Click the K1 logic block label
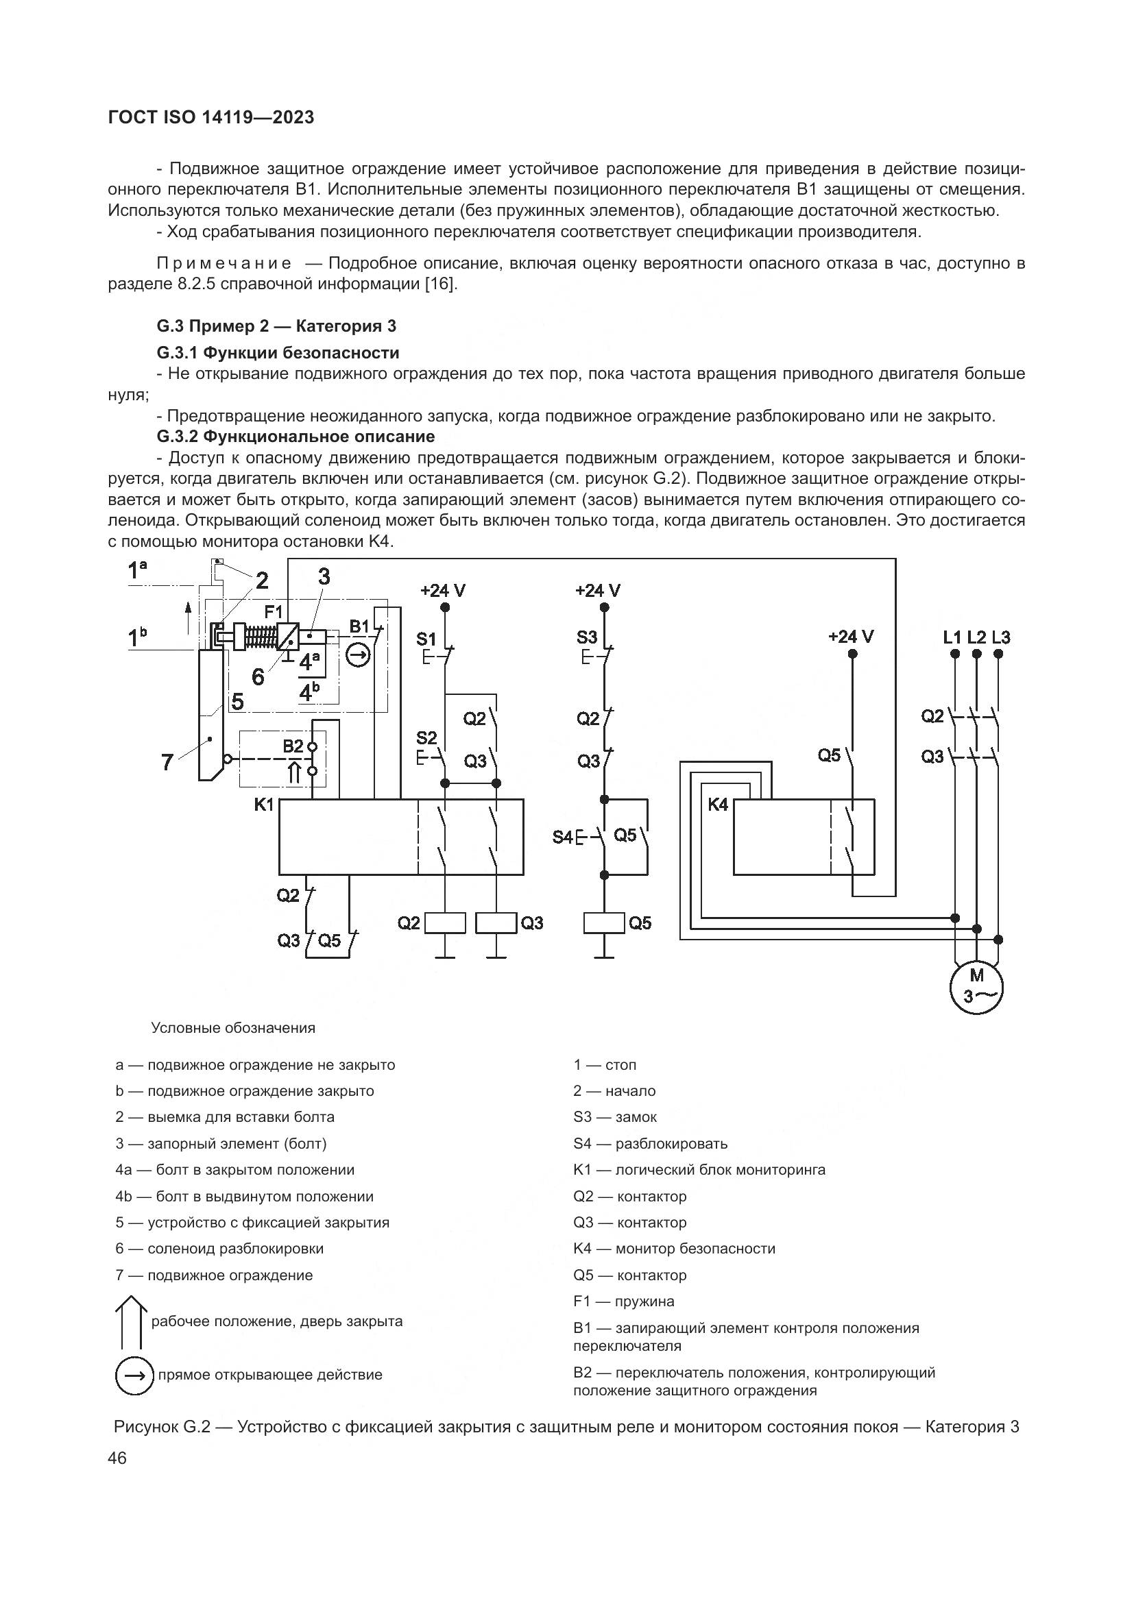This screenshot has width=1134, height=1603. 264,805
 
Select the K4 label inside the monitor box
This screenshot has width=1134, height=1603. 718,805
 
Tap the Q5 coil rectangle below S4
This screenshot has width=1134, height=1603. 604,922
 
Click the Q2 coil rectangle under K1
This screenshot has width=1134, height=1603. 446,922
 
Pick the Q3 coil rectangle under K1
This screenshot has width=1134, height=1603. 496,922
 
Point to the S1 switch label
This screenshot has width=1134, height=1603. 426,639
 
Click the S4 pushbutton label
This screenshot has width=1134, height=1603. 562,836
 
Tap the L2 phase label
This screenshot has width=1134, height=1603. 977,637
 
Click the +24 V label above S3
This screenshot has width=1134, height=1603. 598,591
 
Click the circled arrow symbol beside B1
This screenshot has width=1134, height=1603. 358,655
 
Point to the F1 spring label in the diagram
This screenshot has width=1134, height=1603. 273,612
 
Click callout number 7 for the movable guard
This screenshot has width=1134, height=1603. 167,761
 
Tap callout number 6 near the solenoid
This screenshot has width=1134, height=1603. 258,676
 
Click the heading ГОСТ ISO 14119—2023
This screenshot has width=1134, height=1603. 211,117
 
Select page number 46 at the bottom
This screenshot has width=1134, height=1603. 117,1458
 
